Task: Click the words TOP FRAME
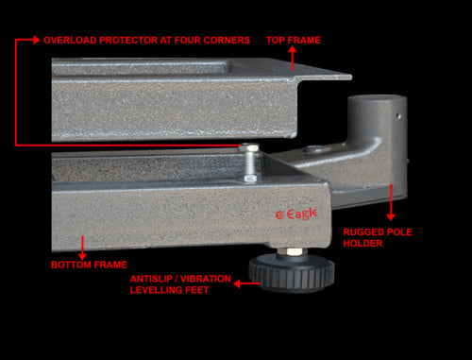(x=294, y=40)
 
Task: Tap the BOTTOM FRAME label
(x=89, y=265)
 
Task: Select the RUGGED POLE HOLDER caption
(x=378, y=237)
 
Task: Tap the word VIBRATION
(x=206, y=279)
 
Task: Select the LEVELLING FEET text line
(x=169, y=290)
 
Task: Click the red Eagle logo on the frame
(x=296, y=214)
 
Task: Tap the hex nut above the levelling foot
(x=290, y=251)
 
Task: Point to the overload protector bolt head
(x=249, y=146)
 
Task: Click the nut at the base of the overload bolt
(x=250, y=179)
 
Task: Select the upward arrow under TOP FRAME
(x=293, y=59)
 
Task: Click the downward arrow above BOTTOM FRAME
(x=82, y=248)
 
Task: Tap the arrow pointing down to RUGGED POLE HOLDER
(x=391, y=202)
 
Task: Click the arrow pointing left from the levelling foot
(x=247, y=283)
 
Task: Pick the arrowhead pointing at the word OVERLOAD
(x=36, y=40)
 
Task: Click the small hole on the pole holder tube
(x=398, y=116)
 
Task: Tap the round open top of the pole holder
(x=377, y=99)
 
